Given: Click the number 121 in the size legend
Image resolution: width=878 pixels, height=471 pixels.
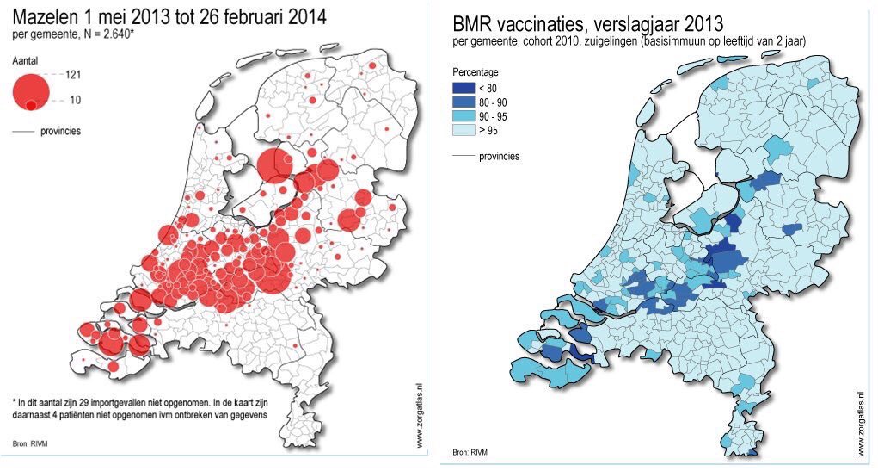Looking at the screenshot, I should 73,76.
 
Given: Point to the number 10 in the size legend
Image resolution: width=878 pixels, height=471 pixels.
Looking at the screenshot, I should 75,101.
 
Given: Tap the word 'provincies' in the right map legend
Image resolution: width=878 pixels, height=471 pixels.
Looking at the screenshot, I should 499,157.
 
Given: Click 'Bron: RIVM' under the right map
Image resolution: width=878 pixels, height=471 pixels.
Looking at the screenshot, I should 471,452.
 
